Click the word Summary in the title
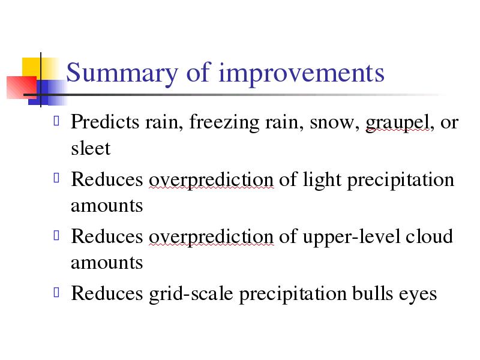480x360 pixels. pyautogui.click(x=122, y=73)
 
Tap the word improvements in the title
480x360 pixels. pyautogui.click(x=301, y=73)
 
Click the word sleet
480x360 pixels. pyautogui.click(x=91, y=148)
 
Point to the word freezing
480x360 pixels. pyautogui.click(x=224, y=122)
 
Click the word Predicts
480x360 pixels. pyautogui.click(x=105, y=122)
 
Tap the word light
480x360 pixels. pyautogui.click(x=322, y=181)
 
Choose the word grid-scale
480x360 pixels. pyautogui.click(x=191, y=294)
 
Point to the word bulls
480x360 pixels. pyautogui.click(x=372, y=293)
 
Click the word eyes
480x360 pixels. pyautogui.click(x=418, y=295)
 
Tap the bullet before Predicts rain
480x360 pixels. pyautogui.click(x=56, y=121)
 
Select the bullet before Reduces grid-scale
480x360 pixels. pyautogui.click(x=56, y=292)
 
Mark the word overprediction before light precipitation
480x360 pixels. pyautogui.click(x=211, y=181)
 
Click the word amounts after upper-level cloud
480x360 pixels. pyautogui.click(x=107, y=263)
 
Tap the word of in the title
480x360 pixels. pyautogui.click(x=199, y=72)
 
